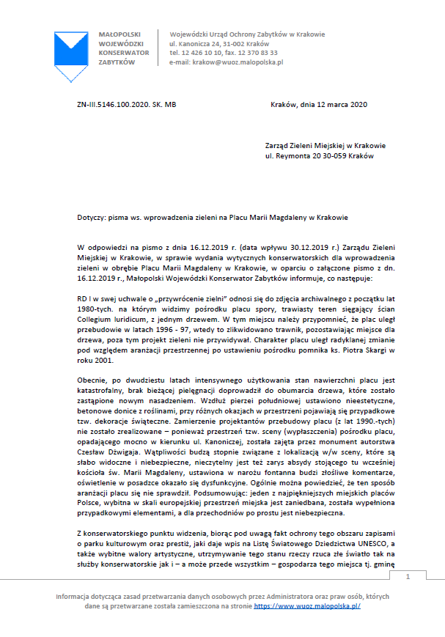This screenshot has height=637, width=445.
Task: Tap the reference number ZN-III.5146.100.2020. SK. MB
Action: [126, 105]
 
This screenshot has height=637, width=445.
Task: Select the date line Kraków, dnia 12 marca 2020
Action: [318, 105]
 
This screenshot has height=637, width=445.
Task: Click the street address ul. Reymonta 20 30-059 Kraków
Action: [320, 156]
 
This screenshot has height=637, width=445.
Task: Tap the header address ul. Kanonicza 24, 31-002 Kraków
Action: [219, 43]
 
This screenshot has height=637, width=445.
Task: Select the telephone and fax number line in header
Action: [224, 53]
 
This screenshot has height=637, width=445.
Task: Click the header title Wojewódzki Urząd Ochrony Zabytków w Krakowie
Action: [247, 34]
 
